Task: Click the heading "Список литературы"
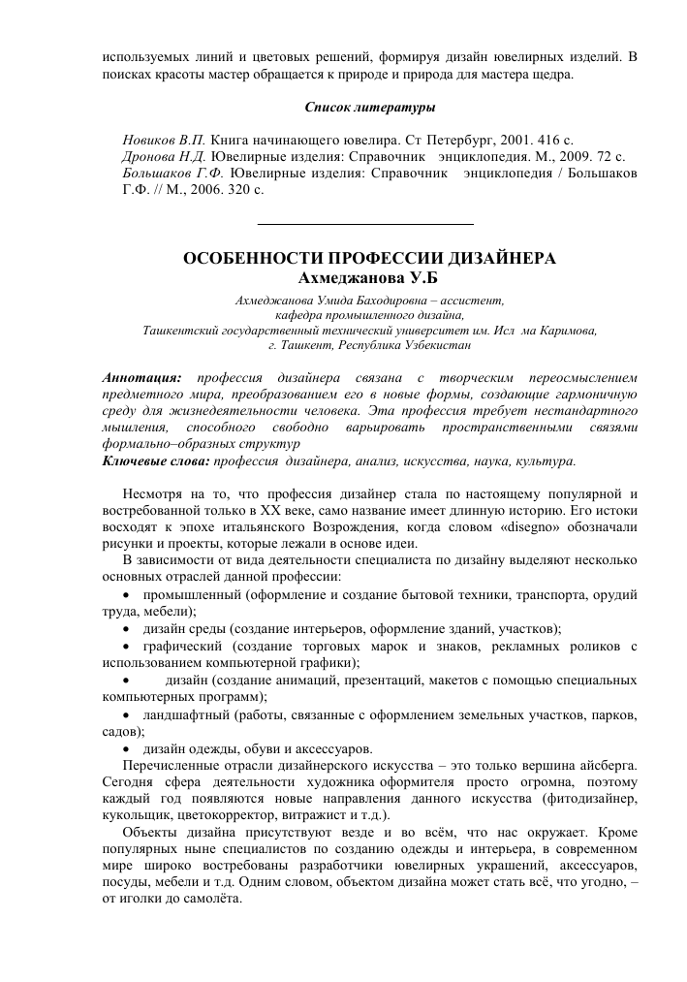point(369,105)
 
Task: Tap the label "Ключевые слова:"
point(156,460)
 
